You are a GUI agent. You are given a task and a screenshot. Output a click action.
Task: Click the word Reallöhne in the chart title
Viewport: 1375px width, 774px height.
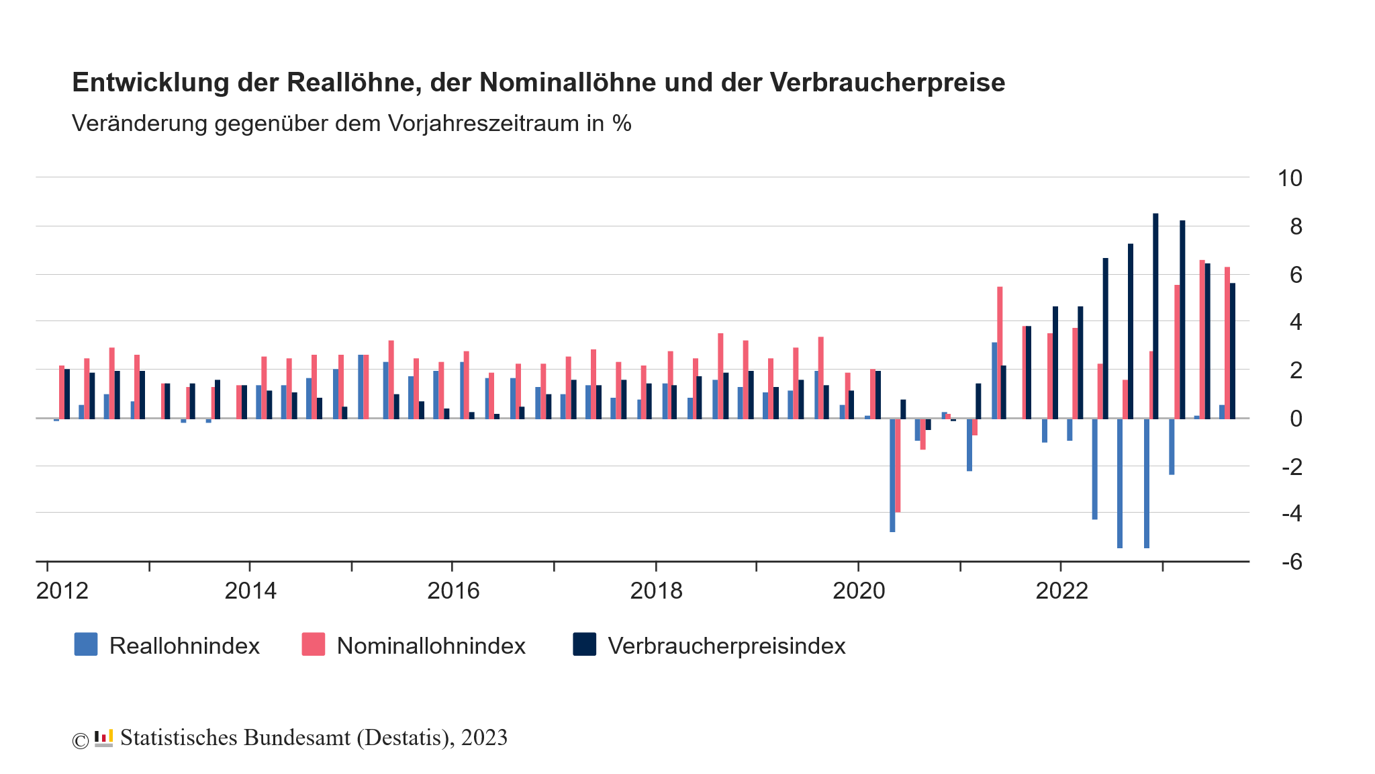pyautogui.click(x=353, y=83)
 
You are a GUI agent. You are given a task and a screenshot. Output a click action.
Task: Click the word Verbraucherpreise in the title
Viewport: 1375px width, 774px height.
pyautogui.click(x=887, y=83)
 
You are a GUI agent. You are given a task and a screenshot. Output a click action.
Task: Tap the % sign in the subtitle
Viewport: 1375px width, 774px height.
pyautogui.click(x=622, y=124)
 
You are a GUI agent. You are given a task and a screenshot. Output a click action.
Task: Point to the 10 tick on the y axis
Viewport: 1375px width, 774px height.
pyautogui.click(x=1289, y=178)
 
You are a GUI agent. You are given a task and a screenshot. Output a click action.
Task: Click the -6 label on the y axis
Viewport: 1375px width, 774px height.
pyautogui.click(x=1291, y=562)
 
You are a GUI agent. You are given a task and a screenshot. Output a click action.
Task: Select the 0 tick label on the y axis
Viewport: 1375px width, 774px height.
pyautogui.click(x=1295, y=419)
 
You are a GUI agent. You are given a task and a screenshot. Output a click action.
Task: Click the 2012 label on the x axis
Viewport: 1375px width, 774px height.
pyautogui.click(x=62, y=591)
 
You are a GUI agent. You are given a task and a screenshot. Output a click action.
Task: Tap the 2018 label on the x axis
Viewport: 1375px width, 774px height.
pyautogui.click(x=656, y=591)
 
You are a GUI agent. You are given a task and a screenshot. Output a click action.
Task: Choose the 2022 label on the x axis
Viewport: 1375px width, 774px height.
pyautogui.click(x=1061, y=591)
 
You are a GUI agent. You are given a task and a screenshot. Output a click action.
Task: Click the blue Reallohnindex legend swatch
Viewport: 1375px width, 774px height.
pyautogui.click(x=86, y=644)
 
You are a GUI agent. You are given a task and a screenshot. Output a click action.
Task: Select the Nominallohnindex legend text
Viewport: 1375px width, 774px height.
pyautogui.click(x=430, y=646)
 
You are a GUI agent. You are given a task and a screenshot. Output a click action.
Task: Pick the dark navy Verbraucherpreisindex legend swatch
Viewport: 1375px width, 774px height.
pyautogui.click(x=584, y=644)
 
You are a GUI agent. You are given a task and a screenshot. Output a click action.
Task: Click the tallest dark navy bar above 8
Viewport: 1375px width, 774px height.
pyautogui.click(x=1155, y=316)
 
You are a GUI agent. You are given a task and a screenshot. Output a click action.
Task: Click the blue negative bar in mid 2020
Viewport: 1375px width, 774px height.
pyautogui.click(x=892, y=475)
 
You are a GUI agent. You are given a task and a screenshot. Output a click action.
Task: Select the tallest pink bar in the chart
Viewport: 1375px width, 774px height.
pyautogui.click(x=1202, y=339)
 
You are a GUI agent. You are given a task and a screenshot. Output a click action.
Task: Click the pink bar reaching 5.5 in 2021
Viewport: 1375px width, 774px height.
pyautogui.click(x=1000, y=353)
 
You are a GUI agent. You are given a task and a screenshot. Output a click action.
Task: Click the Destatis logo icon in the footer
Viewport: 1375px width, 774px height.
pyautogui.click(x=103, y=738)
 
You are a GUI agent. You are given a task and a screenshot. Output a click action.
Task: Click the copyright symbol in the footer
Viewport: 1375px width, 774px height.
pyautogui.click(x=80, y=740)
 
